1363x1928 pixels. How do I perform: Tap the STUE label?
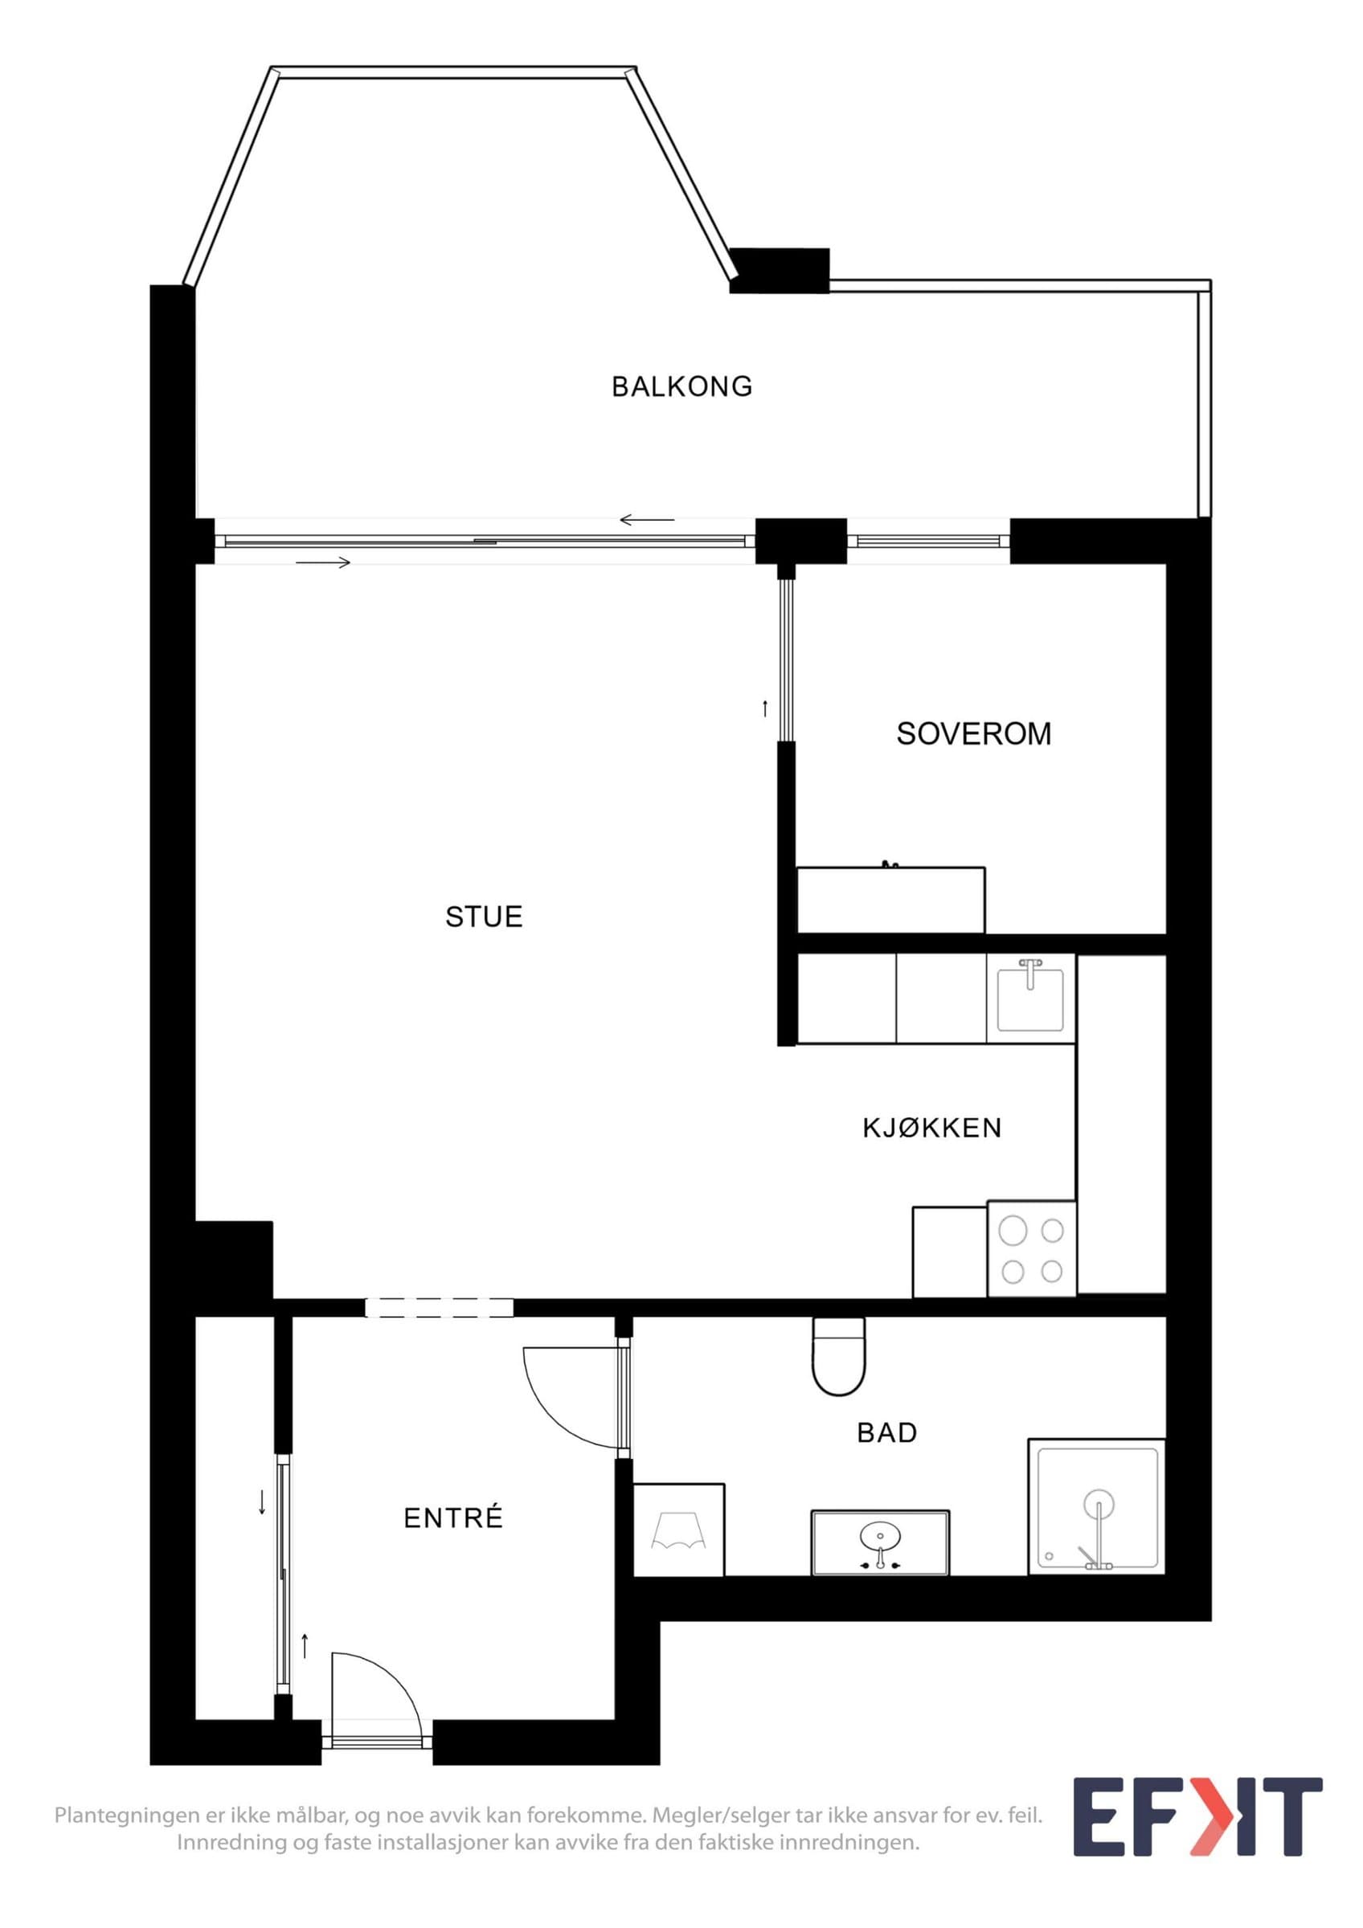pos(484,916)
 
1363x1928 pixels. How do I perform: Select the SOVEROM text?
pos(973,734)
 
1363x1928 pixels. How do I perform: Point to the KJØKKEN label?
pos(932,1128)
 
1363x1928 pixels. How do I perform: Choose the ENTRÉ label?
pos(452,1518)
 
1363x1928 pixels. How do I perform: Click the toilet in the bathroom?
pos(838,1355)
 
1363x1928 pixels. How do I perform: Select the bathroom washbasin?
pos(879,1538)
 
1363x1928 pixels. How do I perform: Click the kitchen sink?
pos(1030,999)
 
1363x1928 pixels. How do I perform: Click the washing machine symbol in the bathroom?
pos(678,1530)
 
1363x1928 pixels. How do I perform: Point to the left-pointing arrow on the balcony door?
pos(647,520)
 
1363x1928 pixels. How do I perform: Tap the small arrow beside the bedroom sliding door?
pos(764,709)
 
